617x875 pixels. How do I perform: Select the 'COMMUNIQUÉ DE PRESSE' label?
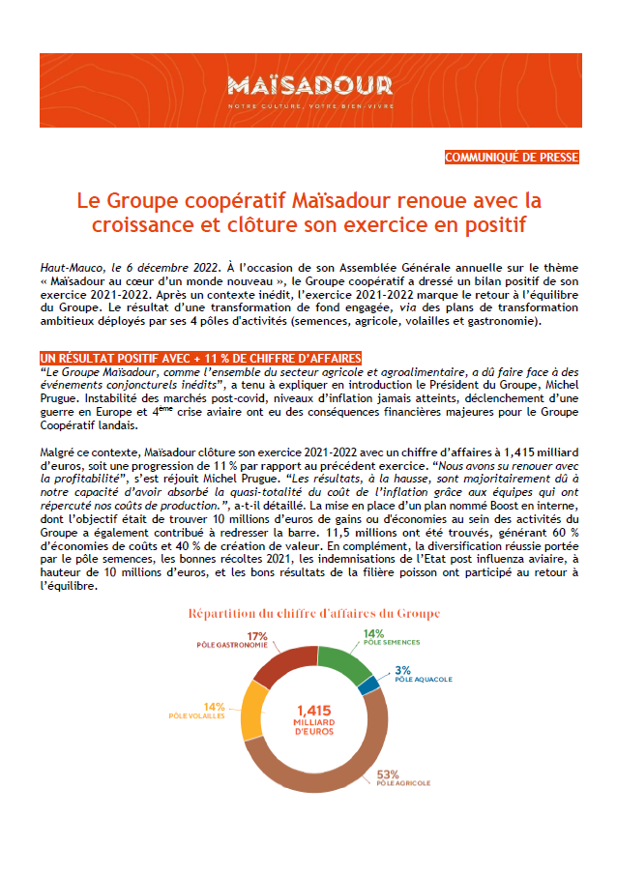512,157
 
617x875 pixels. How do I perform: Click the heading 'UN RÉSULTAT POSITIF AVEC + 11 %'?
200,358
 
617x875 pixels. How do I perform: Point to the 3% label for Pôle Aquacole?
402,669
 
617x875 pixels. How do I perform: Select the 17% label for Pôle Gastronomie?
257,635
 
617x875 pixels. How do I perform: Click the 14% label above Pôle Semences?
373,634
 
